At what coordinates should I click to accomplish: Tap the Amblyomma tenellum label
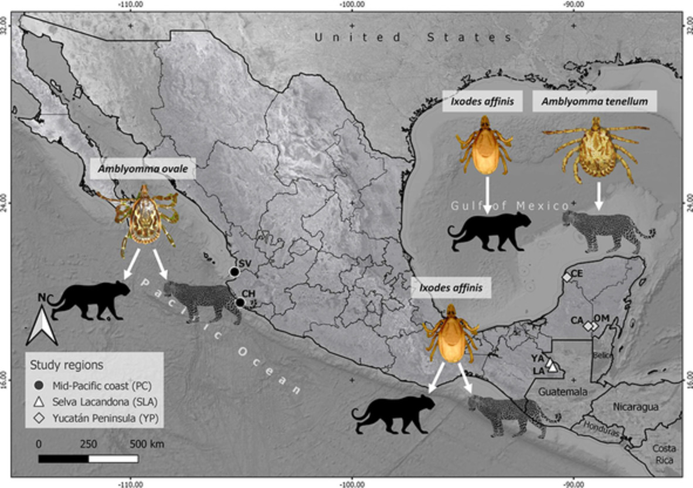[x=595, y=101]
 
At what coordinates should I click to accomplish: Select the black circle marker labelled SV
[x=234, y=272]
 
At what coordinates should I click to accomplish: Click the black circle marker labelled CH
[x=240, y=303]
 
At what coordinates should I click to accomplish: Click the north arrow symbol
[x=41, y=326]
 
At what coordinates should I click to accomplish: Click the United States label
[x=413, y=37]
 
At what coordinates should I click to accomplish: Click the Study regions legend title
[x=66, y=365]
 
